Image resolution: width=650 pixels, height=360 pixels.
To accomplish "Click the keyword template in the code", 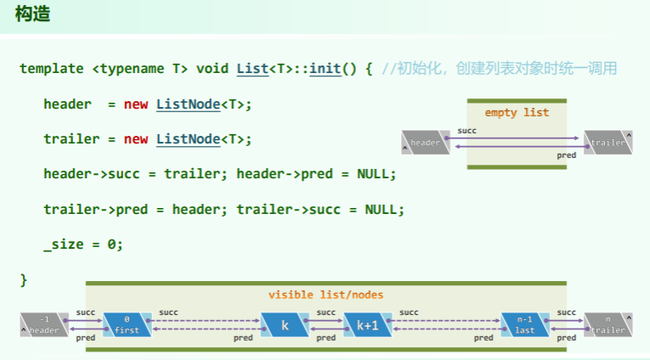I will coord(52,68).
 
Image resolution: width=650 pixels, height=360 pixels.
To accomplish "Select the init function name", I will coord(325,68).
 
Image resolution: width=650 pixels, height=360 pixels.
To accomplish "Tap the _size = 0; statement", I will coord(83,245).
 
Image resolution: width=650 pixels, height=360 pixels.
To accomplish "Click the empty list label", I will coord(517,112).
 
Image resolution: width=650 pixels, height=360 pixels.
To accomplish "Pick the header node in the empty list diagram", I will coord(423,143).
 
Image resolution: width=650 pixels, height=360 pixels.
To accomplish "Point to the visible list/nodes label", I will coord(325,295).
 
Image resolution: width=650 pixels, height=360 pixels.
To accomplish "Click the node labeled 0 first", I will coord(126,325).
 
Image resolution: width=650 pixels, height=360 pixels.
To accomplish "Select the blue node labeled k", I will coord(285,325).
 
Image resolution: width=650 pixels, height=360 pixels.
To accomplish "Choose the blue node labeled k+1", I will coord(367,325).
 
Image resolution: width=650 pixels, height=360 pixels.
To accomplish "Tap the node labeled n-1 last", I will coord(524,325).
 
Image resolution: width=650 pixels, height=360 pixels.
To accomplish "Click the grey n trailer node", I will coord(608,325).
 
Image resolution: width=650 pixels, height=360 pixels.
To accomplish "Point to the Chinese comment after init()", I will coord(499,68).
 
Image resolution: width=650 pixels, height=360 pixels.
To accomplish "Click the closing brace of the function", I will coord(24,279).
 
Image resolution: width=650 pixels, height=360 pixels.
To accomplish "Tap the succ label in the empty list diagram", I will coord(466,131).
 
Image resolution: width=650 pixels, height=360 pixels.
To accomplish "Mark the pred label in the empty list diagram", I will coord(566,155).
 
